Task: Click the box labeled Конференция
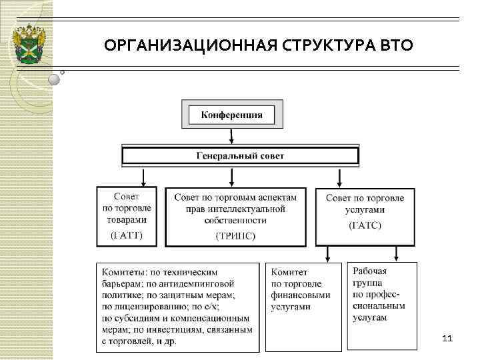[x=232, y=114]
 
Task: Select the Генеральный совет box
[x=240, y=156]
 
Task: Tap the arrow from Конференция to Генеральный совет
[x=231, y=136]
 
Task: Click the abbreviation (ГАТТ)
[x=126, y=235]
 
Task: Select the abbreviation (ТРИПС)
[x=235, y=235]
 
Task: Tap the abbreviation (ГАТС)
[x=365, y=225]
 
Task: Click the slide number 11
[x=447, y=339]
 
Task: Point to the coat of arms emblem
[x=31, y=44]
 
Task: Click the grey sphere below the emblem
[x=55, y=79]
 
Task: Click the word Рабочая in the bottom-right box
[x=370, y=271]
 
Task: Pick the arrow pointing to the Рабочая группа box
[x=396, y=253]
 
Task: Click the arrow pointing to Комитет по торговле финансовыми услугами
[x=327, y=255]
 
